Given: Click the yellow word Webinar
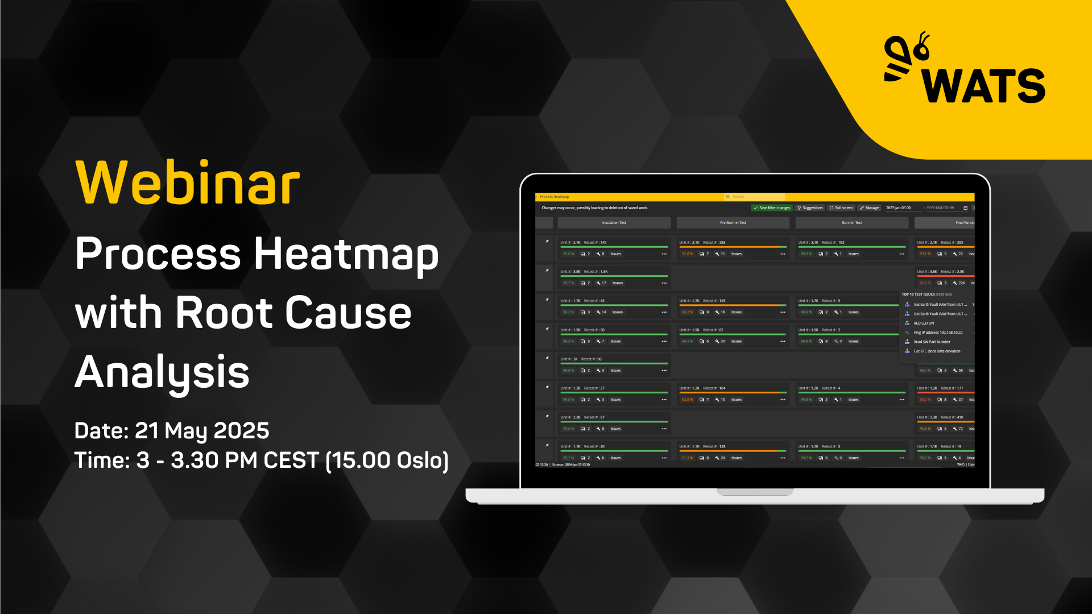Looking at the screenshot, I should pos(188,183).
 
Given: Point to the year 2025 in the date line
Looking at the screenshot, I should pos(241,431).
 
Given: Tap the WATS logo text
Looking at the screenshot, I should pos(984,86).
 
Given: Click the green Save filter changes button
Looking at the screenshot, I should pos(771,208).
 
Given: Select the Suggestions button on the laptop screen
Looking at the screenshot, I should pos(810,208).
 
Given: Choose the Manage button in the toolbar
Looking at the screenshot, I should pos(870,208).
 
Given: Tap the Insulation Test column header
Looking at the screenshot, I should pos(614,223).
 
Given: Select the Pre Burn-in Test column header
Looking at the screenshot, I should pos(733,223).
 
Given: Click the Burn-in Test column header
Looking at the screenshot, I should pos(851,223).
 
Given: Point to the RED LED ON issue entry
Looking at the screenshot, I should pos(924,323).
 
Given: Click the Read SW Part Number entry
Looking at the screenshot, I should pos(932,342).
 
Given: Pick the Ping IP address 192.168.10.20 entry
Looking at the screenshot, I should pos(938,333).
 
